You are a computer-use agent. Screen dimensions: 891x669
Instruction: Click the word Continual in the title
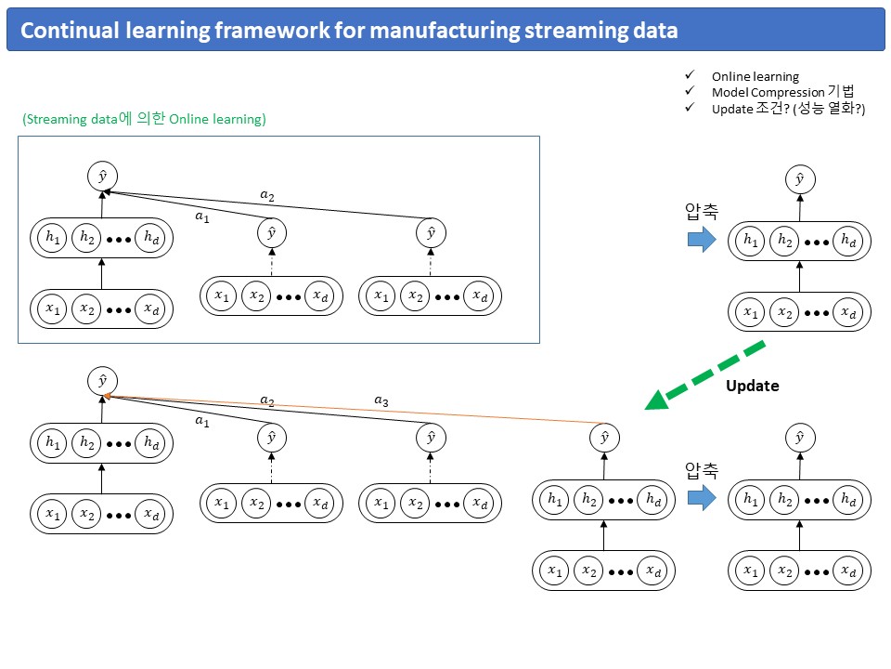pos(70,30)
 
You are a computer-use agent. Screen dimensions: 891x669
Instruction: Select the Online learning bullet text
pos(755,76)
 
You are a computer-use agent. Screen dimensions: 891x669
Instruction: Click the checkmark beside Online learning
pos(690,75)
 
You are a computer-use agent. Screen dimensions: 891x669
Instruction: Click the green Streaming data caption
pos(145,119)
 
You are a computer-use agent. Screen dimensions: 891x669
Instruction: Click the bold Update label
pos(753,386)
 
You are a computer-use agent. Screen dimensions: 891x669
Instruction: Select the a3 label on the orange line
pos(381,400)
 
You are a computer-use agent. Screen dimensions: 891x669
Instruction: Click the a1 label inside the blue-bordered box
pos(202,216)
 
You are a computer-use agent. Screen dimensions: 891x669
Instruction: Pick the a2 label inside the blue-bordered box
pos(267,196)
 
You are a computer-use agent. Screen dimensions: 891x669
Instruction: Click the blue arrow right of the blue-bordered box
pos(702,239)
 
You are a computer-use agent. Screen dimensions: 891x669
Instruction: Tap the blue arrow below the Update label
pos(702,497)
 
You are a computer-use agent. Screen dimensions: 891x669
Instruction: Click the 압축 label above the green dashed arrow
pos(702,211)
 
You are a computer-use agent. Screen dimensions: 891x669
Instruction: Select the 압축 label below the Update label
pos(702,470)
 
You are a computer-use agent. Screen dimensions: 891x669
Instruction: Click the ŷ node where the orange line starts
pos(604,438)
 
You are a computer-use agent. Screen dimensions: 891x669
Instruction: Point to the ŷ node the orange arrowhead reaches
pos(102,381)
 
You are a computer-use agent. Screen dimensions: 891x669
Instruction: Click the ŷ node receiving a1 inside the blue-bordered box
pos(102,177)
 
